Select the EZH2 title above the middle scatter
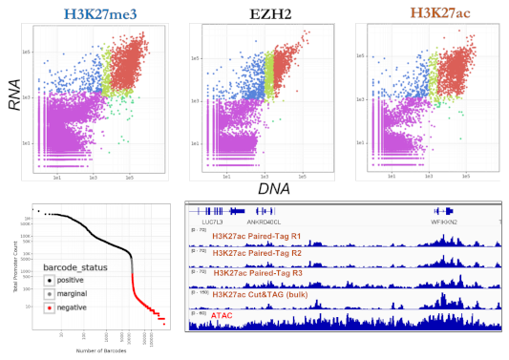(x=260, y=14)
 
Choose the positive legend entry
(x=70, y=280)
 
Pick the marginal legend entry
(x=72, y=293)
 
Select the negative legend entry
(x=72, y=307)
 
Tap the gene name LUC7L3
(x=203, y=221)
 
